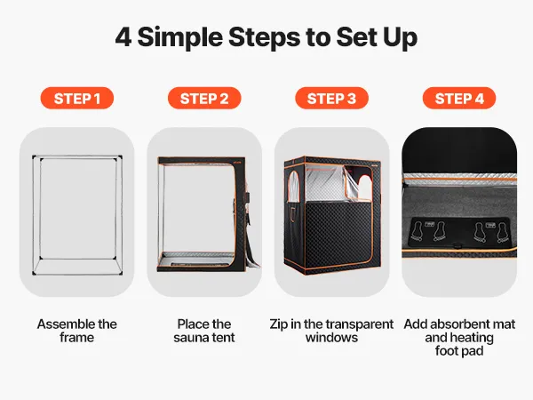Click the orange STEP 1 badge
76,99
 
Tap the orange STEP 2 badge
204,99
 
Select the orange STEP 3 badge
331,99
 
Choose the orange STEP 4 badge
459,99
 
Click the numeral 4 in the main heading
123,37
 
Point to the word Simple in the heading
179,37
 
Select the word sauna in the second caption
192,338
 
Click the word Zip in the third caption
279,324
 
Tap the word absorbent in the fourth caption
463,324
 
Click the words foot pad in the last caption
459,351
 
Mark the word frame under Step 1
76,338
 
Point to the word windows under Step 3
331,338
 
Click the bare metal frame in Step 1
33,215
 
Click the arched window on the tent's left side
294,187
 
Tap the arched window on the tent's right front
365,186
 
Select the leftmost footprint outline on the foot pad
417,231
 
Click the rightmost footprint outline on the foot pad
502,233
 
